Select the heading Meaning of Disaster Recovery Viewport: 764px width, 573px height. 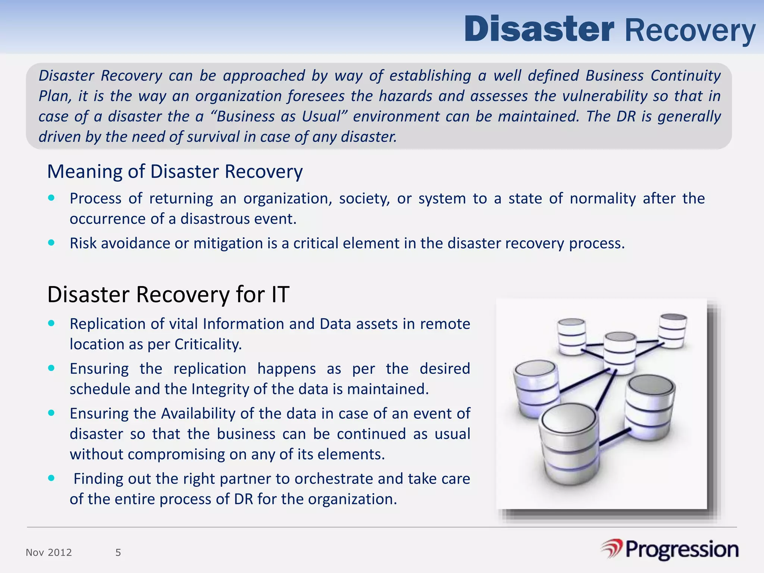click(175, 172)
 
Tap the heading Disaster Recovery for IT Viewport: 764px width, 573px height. click(168, 294)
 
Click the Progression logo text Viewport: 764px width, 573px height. click(682, 549)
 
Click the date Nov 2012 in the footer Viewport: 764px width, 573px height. click(49, 552)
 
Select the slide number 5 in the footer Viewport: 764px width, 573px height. click(118, 552)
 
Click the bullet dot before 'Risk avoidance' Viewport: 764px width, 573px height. click(51, 243)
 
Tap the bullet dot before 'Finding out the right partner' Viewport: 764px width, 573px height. click(51, 478)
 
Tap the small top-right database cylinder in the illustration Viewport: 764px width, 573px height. click(673, 331)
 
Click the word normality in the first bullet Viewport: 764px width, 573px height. click(603, 198)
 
